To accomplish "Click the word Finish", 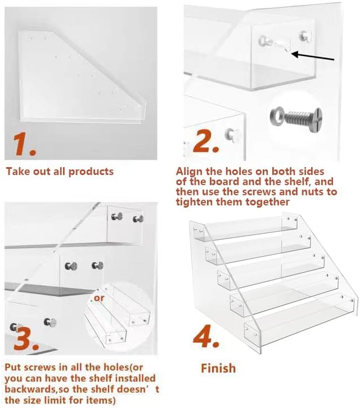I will [x=218, y=369].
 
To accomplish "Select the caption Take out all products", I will [x=60, y=171].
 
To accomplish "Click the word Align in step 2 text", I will [x=190, y=171].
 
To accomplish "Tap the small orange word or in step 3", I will [x=98, y=297].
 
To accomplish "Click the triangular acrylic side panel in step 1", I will [x=79, y=77].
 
